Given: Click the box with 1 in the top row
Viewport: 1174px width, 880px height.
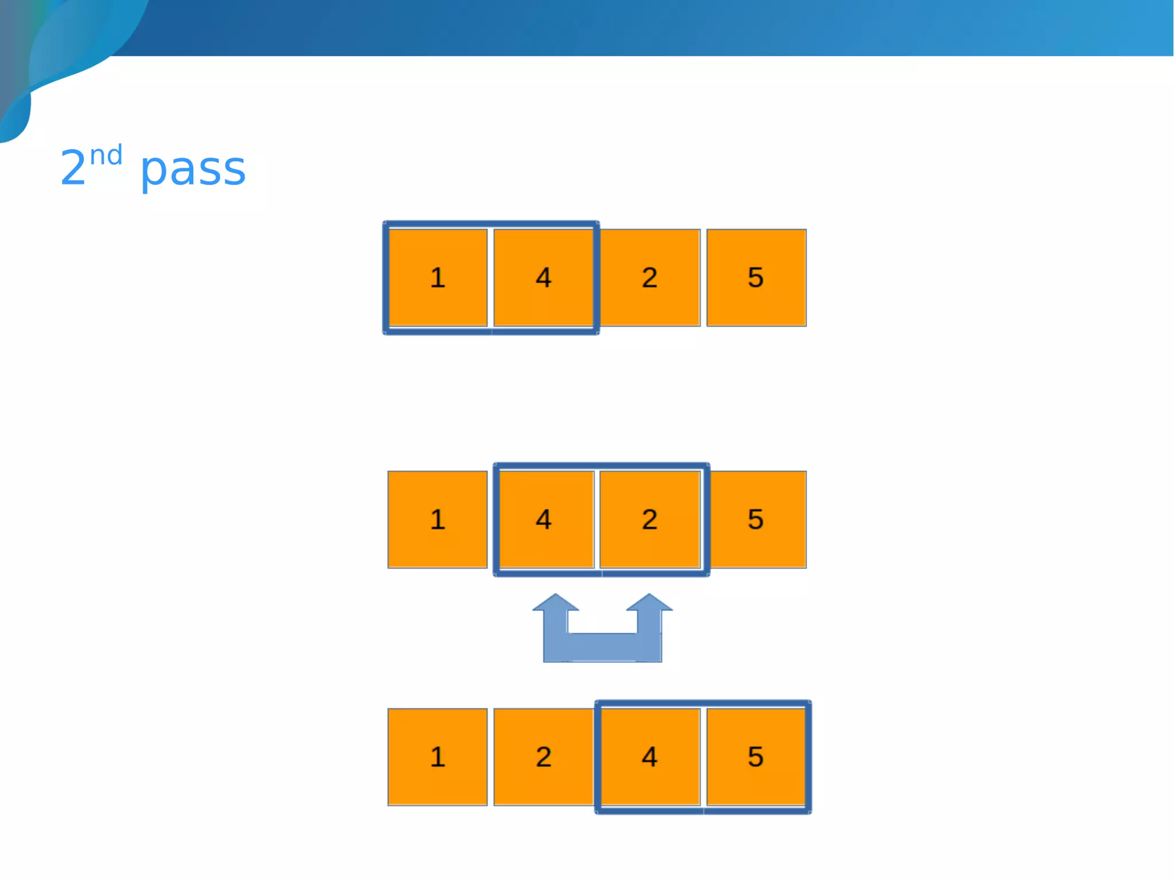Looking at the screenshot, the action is [x=437, y=277].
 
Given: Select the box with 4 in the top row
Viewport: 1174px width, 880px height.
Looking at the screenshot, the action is [x=543, y=277].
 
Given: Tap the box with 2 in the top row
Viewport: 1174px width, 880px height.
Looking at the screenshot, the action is [x=649, y=277].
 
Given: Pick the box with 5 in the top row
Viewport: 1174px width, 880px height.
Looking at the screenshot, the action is [x=756, y=277].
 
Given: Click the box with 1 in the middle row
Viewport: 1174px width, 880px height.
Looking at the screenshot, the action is [x=437, y=519].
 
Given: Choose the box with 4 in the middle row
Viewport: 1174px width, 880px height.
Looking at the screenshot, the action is [x=543, y=519].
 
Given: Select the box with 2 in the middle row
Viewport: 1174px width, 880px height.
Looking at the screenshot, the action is [x=649, y=519].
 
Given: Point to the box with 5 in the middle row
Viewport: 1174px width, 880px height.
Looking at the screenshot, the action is [x=756, y=519].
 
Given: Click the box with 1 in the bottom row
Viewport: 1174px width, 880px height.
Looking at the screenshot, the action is [x=437, y=757].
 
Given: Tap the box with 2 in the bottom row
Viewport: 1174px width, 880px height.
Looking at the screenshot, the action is [x=543, y=757].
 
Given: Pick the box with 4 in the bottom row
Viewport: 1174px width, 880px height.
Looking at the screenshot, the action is [x=649, y=757].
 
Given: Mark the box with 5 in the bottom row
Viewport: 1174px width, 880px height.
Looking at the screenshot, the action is [x=756, y=757].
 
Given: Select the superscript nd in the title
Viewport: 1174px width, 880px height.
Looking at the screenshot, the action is [x=106, y=155].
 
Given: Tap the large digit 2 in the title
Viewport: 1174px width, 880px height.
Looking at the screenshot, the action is [x=73, y=168].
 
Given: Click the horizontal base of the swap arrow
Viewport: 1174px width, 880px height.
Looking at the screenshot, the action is [x=602, y=648].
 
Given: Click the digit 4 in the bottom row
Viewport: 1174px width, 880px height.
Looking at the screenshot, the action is [x=649, y=757].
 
